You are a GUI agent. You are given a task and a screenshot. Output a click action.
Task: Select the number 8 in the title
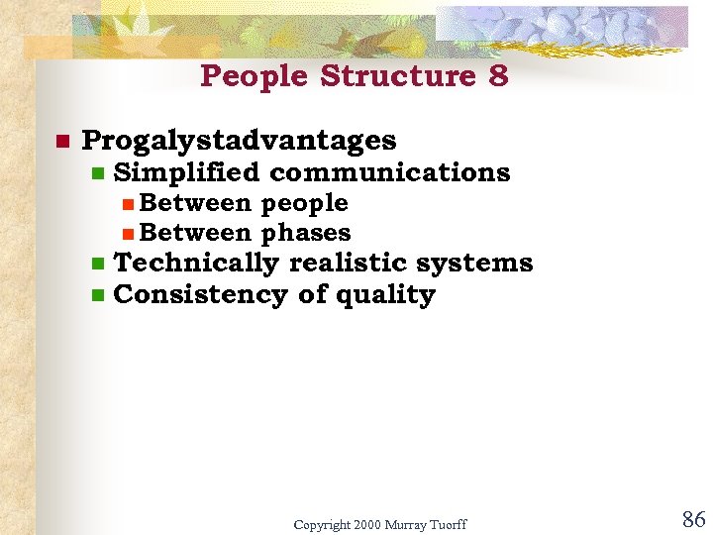click(x=498, y=76)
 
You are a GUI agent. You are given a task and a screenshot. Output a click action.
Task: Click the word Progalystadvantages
click(x=239, y=142)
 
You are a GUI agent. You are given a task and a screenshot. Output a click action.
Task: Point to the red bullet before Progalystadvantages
click(x=60, y=142)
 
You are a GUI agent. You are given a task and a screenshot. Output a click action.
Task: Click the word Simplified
click(x=186, y=172)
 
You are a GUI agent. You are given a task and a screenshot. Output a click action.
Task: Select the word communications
click(x=389, y=172)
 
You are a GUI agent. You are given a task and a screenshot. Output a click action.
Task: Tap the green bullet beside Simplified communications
click(x=97, y=173)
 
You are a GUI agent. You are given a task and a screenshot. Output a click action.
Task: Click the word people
click(x=304, y=203)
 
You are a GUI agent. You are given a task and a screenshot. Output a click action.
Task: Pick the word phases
click(x=306, y=233)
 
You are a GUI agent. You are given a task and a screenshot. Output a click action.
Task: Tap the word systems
click(x=474, y=264)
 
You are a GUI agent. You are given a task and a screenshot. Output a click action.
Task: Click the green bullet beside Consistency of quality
click(x=97, y=295)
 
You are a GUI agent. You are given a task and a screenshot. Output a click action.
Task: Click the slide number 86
click(x=692, y=519)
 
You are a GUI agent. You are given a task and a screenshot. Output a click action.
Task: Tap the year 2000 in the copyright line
click(x=365, y=524)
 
